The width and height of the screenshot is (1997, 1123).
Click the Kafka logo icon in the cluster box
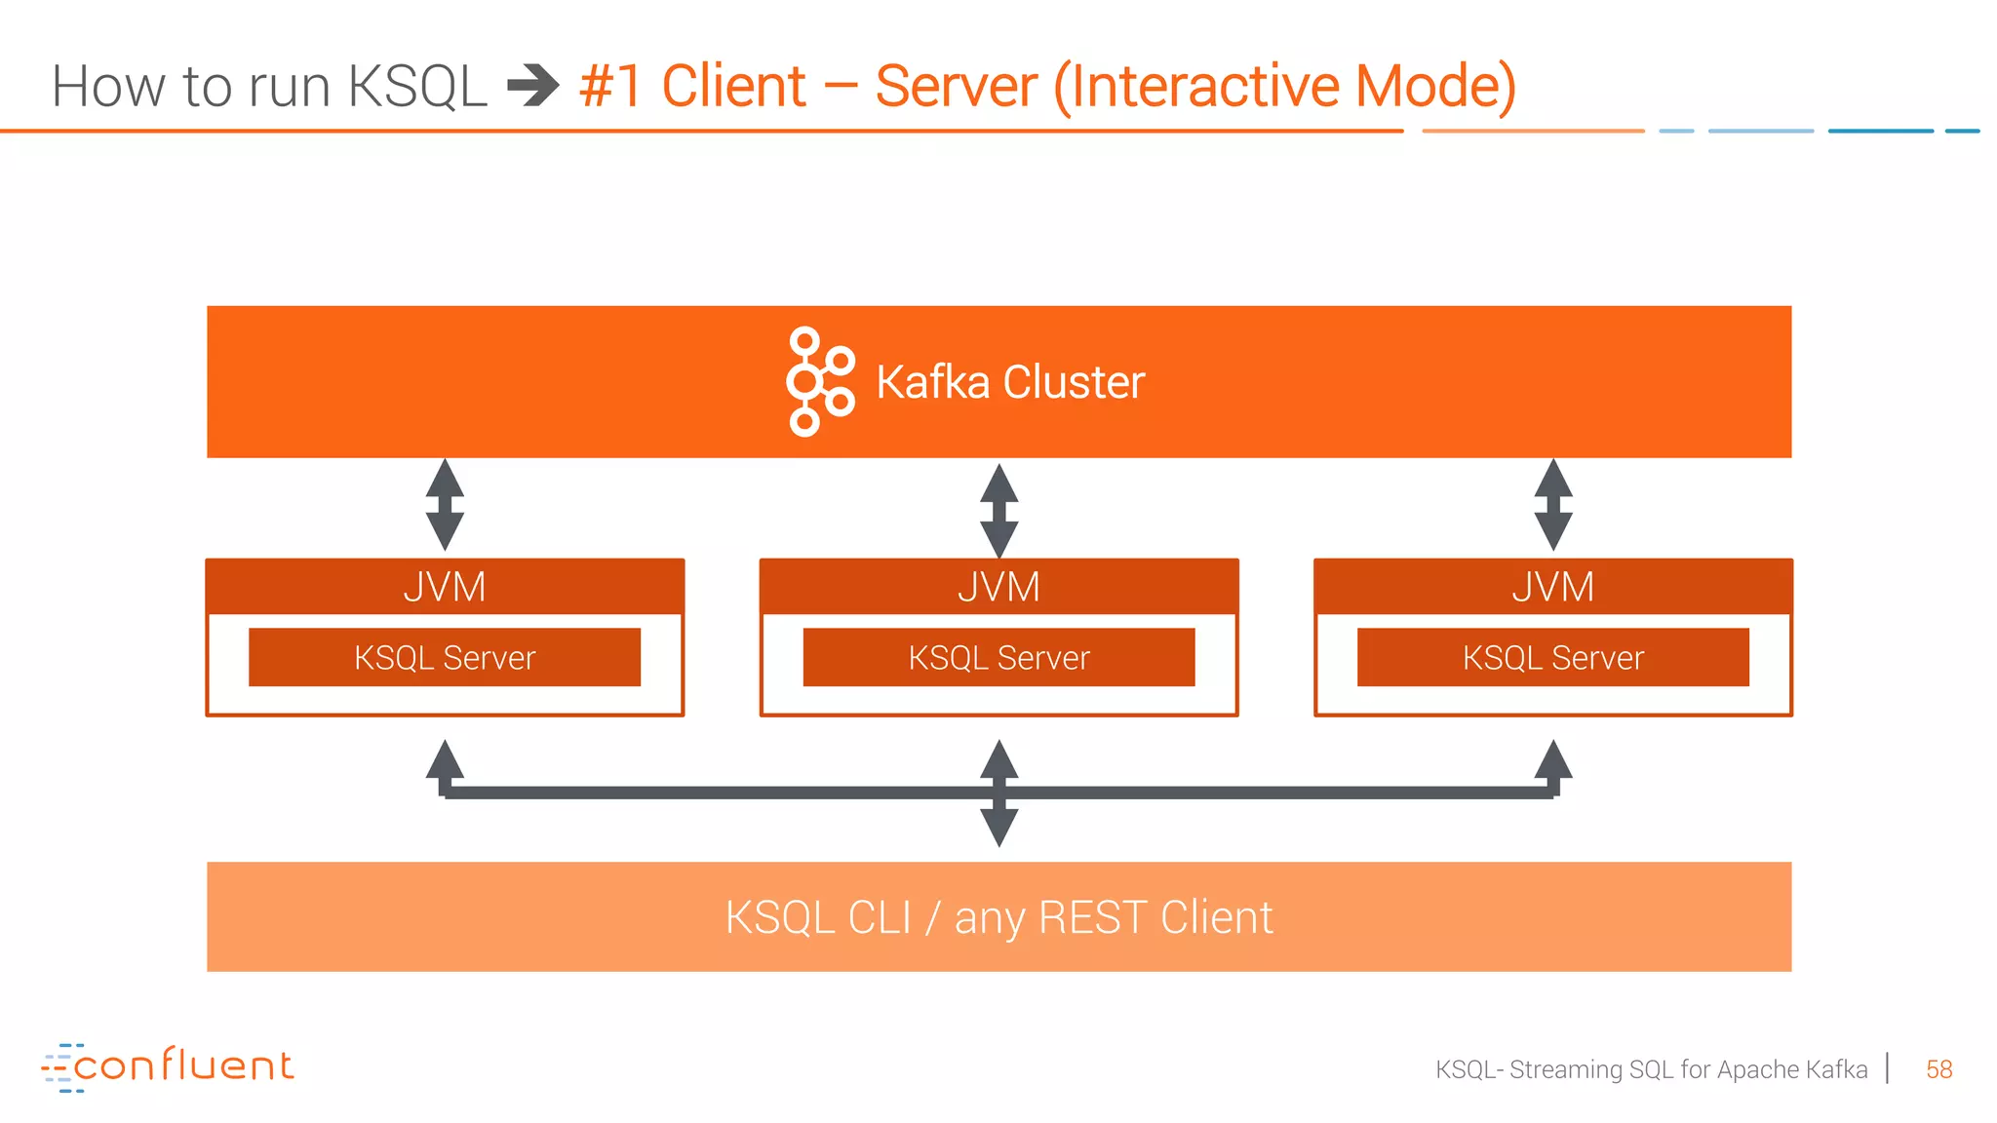(x=820, y=381)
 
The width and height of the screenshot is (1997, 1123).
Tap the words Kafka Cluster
(x=1010, y=382)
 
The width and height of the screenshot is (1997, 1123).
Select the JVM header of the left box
(x=445, y=587)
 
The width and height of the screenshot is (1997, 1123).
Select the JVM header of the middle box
(x=998, y=587)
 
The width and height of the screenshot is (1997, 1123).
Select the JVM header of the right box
(x=1552, y=587)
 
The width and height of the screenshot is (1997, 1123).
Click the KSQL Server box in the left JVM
(x=445, y=657)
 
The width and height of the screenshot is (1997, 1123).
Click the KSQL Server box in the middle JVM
(x=998, y=657)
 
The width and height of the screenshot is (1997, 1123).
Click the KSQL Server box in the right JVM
(x=1552, y=657)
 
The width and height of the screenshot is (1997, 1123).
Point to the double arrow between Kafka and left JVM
(x=445, y=505)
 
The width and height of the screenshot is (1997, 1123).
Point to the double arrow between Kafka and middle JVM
(x=998, y=510)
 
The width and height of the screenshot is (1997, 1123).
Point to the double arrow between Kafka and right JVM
(x=1552, y=505)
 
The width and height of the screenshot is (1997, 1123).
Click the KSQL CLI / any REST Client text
(x=998, y=917)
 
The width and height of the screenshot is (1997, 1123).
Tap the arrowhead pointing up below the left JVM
(x=445, y=759)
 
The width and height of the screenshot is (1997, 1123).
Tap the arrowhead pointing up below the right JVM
(x=1552, y=759)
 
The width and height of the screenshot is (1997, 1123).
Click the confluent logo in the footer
(x=168, y=1066)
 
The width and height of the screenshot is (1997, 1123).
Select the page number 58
(x=1938, y=1069)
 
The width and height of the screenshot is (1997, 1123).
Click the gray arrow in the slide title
(x=533, y=86)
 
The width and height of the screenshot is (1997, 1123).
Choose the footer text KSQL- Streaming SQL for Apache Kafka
(x=1651, y=1069)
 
